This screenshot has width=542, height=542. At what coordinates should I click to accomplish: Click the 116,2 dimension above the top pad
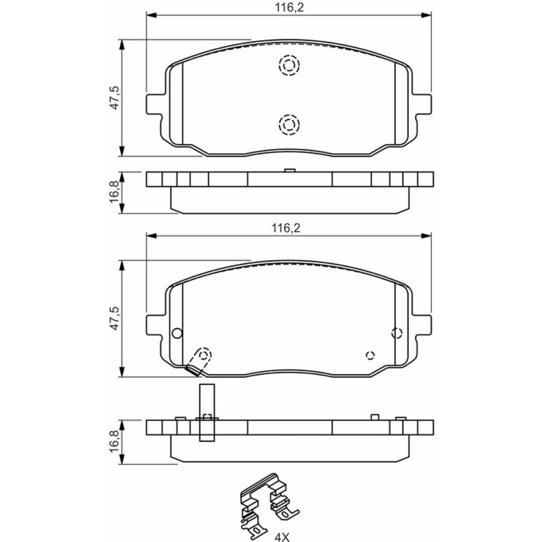coord(289,8)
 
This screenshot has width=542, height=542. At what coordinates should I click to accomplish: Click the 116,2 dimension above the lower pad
coord(286,228)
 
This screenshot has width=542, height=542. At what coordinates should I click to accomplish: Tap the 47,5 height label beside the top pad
coord(114,98)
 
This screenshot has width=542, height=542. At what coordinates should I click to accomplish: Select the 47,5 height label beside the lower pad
coord(114,318)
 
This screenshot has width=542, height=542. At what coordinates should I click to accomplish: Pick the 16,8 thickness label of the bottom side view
coord(114,441)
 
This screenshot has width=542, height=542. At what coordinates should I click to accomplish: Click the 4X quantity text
coord(281,537)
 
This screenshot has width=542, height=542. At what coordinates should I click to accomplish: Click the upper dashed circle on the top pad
coord(289,65)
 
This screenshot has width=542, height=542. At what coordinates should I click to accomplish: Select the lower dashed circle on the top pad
coord(289,124)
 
